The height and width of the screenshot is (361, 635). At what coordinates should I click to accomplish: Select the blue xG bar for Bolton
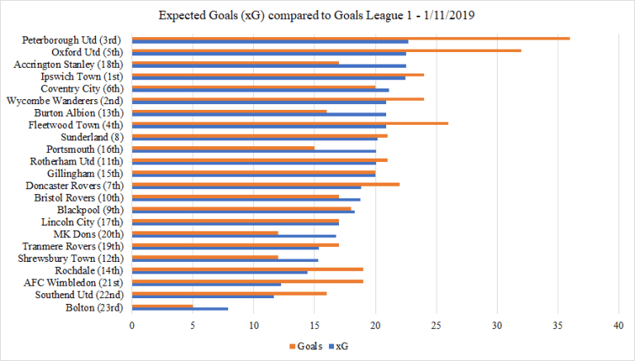point(179,309)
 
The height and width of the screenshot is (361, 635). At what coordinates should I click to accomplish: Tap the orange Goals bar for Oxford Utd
point(327,50)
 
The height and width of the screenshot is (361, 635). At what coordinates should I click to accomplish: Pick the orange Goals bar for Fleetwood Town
point(290,124)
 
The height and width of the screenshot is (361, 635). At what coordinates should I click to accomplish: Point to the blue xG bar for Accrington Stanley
point(269,66)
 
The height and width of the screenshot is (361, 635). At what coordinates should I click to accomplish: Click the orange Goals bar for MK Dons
point(205,233)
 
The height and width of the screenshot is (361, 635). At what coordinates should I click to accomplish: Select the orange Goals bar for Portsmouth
point(223,148)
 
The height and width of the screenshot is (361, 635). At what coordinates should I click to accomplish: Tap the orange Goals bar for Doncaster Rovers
point(265,184)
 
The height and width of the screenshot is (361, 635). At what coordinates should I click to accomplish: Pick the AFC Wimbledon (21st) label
point(79,283)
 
